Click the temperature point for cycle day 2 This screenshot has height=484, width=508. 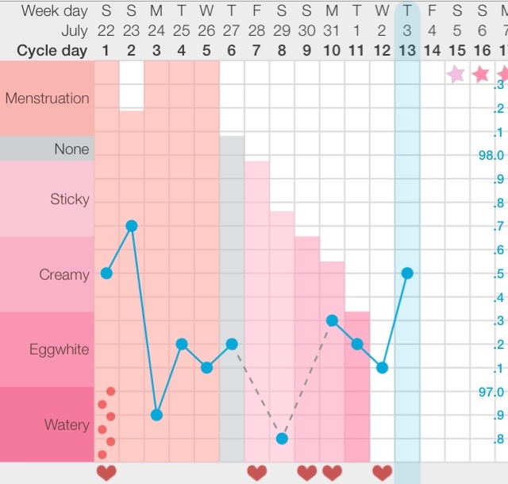tap(132, 226)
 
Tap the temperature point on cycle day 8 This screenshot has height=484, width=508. tap(282, 438)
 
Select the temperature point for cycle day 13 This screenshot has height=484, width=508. tap(407, 273)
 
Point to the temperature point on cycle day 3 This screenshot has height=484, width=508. tap(156, 415)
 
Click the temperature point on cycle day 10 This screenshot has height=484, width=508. tap(332, 320)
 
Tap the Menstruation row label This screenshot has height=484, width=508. tap(47, 99)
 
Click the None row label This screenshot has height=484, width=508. tap(71, 149)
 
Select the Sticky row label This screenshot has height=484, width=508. tap(70, 199)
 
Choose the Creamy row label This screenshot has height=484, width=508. tap(64, 275)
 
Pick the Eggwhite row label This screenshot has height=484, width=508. tap(60, 350)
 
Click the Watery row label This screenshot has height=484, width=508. tap(67, 425)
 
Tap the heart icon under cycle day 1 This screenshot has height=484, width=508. tap(106, 473)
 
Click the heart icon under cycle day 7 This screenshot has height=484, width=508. tap(256, 473)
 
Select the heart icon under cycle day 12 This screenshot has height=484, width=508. tap(382, 473)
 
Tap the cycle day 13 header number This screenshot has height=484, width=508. tap(407, 50)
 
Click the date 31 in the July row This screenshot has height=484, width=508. tap(332, 31)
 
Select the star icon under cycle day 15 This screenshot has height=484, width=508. tap(456, 74)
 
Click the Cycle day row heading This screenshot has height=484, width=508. tap(53, 50)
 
